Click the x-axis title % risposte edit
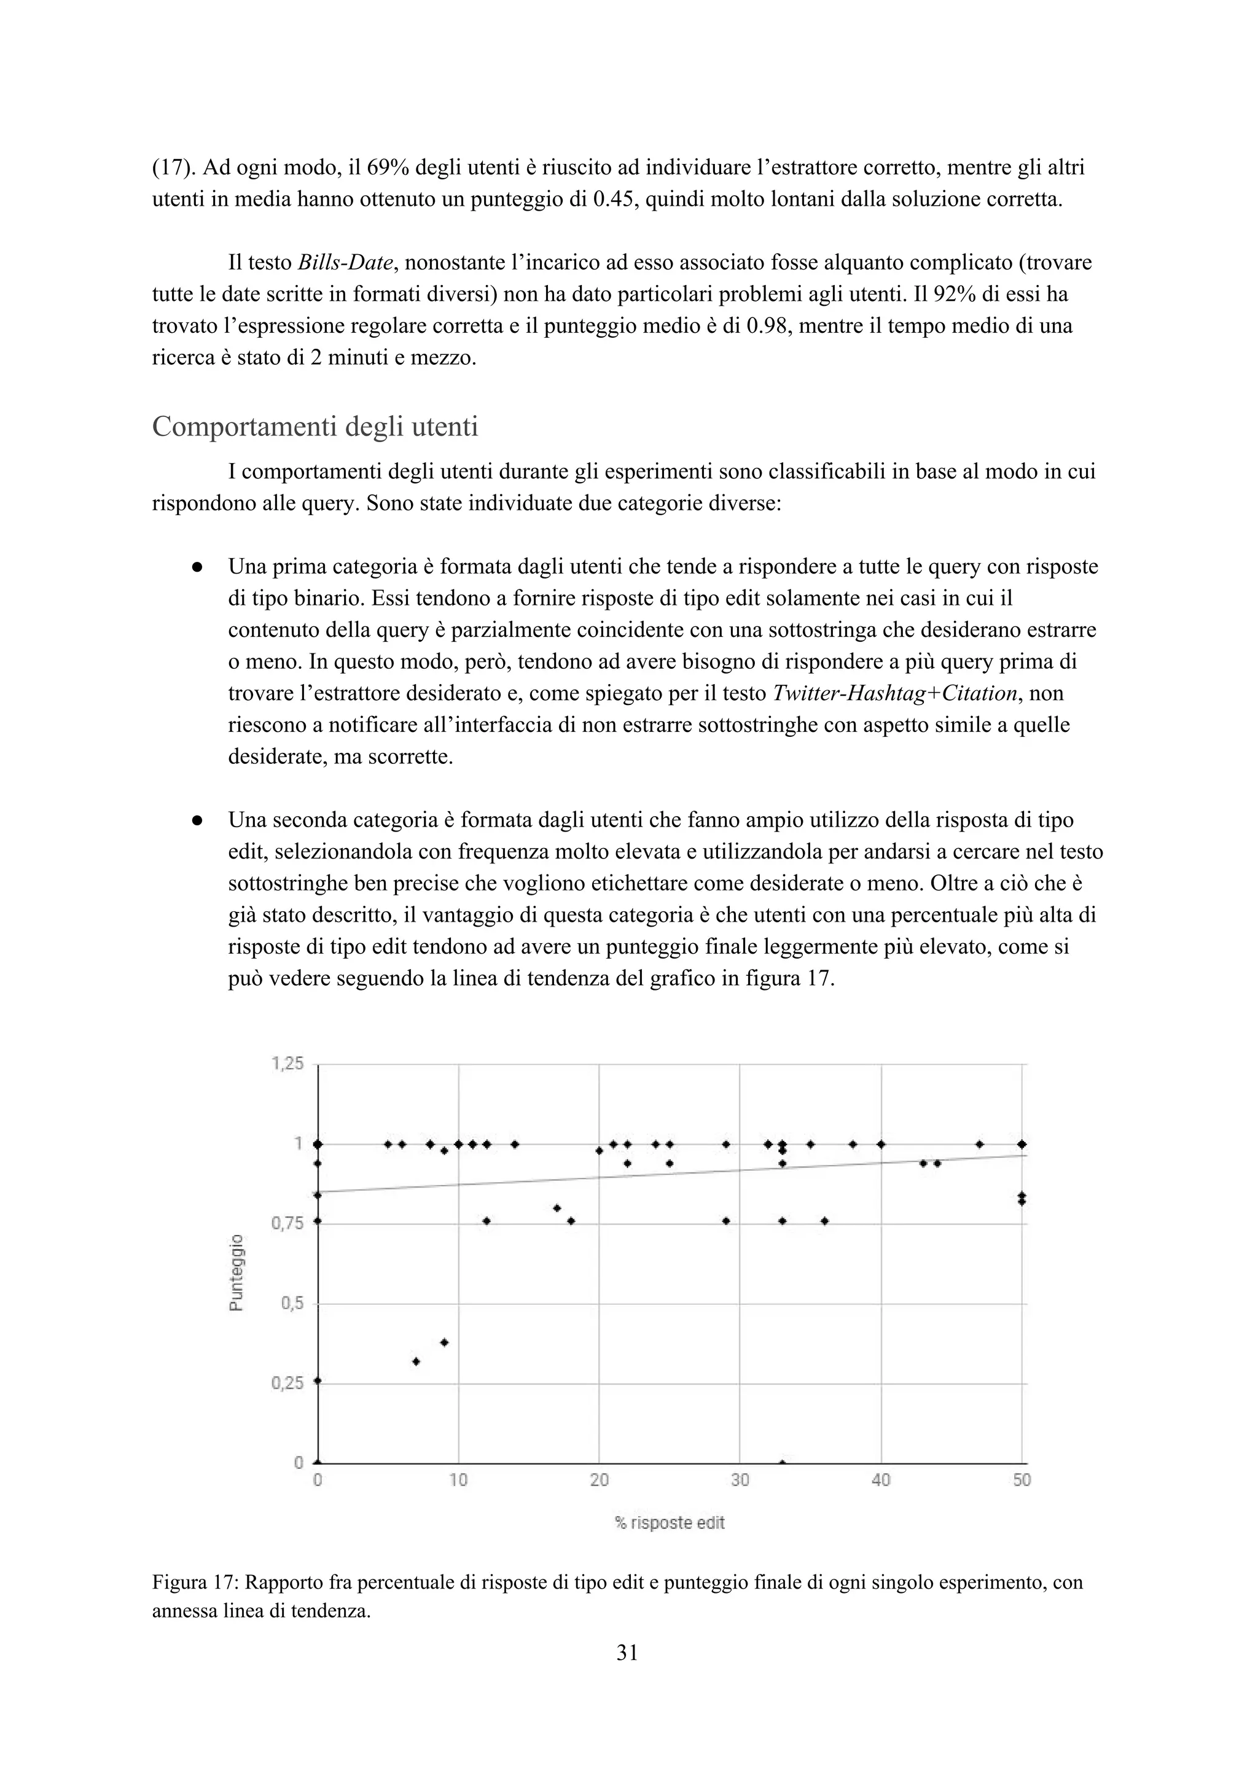[670, 1522]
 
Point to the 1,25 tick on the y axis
[287, 1064]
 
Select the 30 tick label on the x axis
[740, 1480]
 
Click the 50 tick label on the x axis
[1022, 1480]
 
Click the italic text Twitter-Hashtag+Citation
[894, 693]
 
